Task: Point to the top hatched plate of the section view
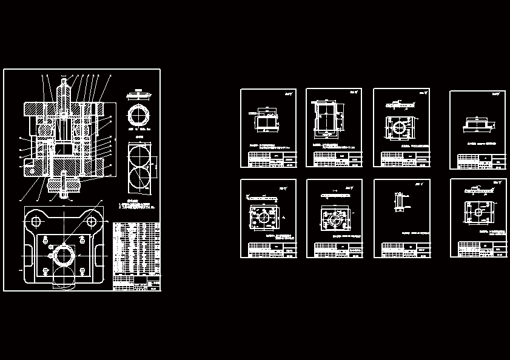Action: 36,110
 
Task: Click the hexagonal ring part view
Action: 139,116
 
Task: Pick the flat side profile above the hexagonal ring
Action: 139,95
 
